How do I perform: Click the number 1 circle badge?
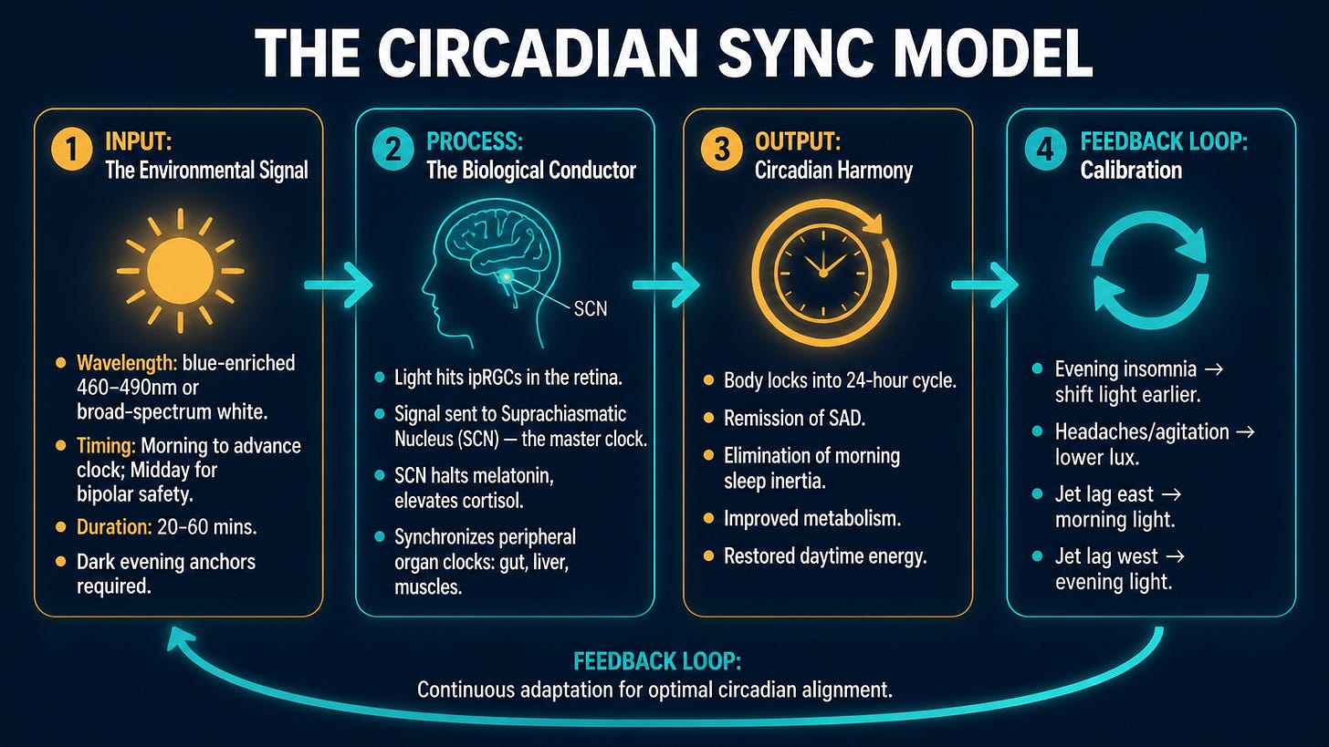point(72,149)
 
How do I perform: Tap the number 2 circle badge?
point(392,149)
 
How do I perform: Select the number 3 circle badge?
point(721,149)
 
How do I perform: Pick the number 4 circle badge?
point(1045,149)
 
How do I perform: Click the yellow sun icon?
point(181,271)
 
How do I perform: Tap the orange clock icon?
point(823,273)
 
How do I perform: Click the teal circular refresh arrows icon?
point(1150,270)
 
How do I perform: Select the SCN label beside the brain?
point(591,309)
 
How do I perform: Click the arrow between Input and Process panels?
point(338,285)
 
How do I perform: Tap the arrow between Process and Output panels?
point(665,285)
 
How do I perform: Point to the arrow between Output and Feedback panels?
point(985,285)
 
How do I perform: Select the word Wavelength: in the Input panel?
point(127,363)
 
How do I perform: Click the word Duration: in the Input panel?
point(114,527)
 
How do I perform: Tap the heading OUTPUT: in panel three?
point(798,141)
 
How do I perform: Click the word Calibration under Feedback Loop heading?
point(1131,171)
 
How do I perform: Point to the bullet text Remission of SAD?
point(794,419)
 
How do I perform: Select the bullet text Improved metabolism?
point(812,519)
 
